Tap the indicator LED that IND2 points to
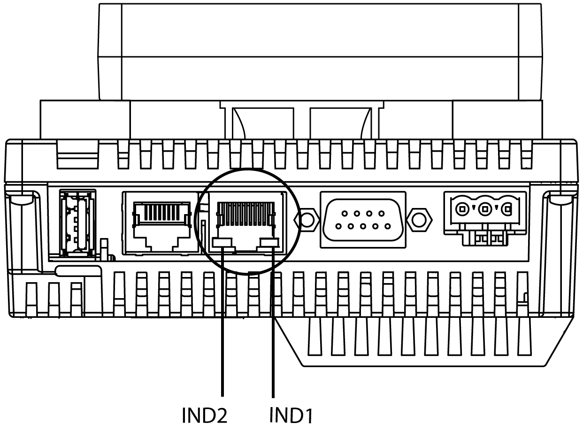pyautogui.click(x=223, y=243)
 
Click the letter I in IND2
pyautogui.click(x=184, y=416)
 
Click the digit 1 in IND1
pyautogui.click(x=308, y=416)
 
